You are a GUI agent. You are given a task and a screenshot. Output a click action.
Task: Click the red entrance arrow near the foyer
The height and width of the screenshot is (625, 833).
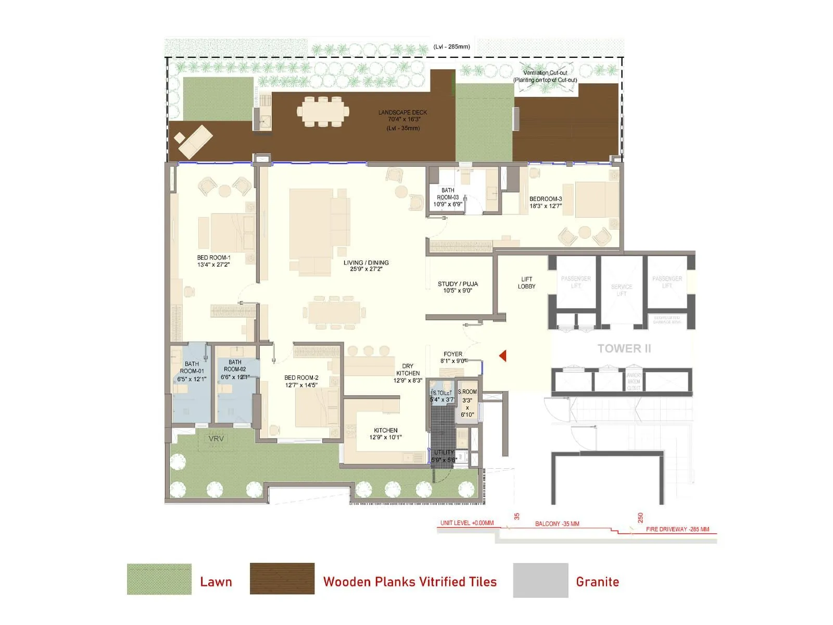click(503, 356)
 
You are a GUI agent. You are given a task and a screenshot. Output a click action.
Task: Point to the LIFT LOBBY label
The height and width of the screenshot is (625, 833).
click(526, 283)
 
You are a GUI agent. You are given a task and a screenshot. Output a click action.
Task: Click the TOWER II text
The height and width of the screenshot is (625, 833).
click(624, 348)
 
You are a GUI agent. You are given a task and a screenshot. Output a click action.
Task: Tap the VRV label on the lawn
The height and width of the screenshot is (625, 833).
click(216, 439)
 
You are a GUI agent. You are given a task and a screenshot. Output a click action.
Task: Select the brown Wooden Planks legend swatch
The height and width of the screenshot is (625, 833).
click(282, 579)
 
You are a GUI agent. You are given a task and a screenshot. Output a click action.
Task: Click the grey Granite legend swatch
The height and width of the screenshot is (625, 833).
click(540, 580)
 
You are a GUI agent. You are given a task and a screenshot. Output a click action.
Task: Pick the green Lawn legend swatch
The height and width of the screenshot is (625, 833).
click(159, 579)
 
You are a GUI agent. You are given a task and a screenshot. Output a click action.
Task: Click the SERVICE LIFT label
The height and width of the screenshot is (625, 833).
click(622, 290)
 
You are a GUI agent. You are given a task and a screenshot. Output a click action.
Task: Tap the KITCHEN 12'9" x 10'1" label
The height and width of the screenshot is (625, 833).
click(386, 433)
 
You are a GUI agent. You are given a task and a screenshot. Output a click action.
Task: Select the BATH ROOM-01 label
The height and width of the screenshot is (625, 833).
click(192, 371)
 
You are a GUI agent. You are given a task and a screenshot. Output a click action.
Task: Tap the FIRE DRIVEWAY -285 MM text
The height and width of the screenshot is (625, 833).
click(677, 529)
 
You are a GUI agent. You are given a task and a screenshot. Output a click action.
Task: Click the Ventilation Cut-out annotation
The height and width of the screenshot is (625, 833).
click(545, 76)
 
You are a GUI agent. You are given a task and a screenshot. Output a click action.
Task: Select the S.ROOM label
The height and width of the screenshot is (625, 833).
click(467, 392)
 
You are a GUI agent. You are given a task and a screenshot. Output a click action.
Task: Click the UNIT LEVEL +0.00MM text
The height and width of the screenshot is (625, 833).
click(466, 523)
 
